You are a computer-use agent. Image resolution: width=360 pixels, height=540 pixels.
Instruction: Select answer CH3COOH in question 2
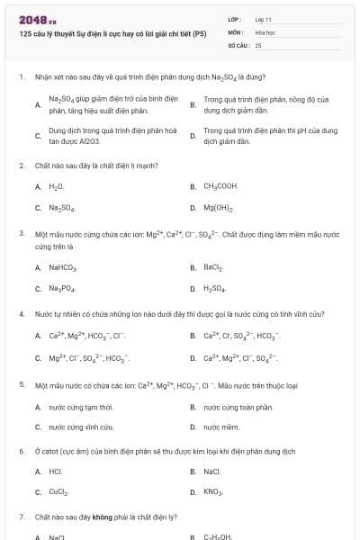pyautogui.click(x=220, y=186)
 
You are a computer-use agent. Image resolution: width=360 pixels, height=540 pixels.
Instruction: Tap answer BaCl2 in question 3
pyautogui.click(x=213, y=267)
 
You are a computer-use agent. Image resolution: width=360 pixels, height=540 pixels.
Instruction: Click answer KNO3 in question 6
pyautogui.click(x=213, y=492)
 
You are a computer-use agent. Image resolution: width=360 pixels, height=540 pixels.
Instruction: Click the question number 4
pyautogui.click(x=21, y=314)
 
